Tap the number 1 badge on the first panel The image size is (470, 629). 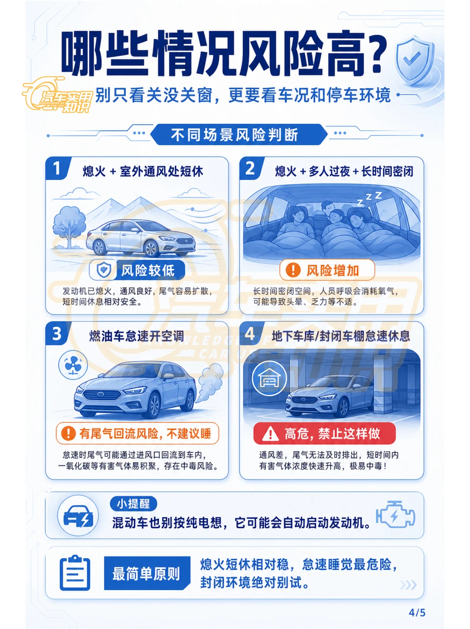click(x=57, y=168)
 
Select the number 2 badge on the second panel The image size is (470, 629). click(x=250, y=168)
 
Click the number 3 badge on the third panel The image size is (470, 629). click(x=57, y=333)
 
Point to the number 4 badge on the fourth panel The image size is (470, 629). click(x=250, y=333)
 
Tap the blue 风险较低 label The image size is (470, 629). click(x=137, y=270)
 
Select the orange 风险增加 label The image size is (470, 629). click(x=327, y=270)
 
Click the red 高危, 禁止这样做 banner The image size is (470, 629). click(x=324, y=433)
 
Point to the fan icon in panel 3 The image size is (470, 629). click(x=73, y=365)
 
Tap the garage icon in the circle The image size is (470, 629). click(x=269, y=379)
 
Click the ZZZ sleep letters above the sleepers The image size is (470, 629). click(x=369, y=199)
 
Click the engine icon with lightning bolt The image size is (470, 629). click(x=395, y=515)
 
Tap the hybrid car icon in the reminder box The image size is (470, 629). click(x=78, y=516)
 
